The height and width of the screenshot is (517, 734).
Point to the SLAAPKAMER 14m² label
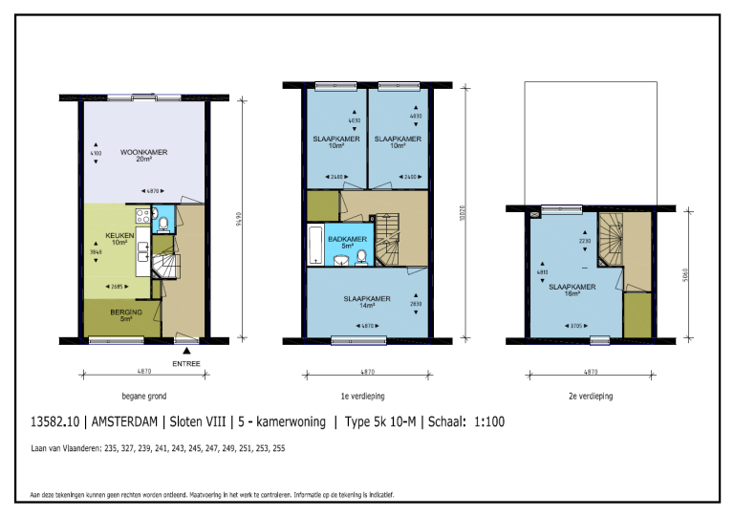point(367,301)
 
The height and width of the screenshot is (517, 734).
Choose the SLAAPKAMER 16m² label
point(573,290)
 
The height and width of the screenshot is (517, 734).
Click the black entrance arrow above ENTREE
point(186,352)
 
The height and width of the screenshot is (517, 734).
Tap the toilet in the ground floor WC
point(163,225)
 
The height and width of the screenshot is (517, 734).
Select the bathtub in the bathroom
point(314,247)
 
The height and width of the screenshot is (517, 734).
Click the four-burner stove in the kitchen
point(144,216)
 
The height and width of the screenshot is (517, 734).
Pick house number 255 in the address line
point(277,447)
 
